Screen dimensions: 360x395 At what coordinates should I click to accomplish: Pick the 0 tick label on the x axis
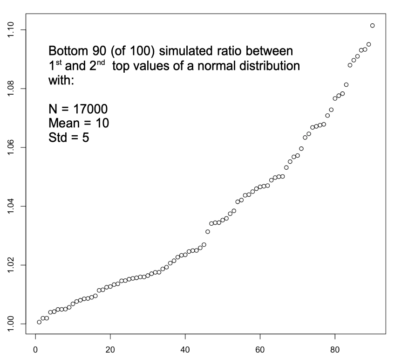click(35, 349)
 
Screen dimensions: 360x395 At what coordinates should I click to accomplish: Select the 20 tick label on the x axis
click(110, 349)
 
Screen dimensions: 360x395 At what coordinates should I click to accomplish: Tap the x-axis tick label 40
click(185, 349)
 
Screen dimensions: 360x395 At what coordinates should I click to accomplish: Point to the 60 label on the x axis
click(260, 349)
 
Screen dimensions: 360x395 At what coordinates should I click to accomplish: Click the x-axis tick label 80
click(335, 349)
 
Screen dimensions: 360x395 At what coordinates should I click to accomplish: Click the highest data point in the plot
click(372, 25)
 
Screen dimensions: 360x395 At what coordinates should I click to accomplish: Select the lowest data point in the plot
click(39, 322)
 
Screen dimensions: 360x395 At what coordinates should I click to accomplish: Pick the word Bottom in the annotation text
click(67, 50)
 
